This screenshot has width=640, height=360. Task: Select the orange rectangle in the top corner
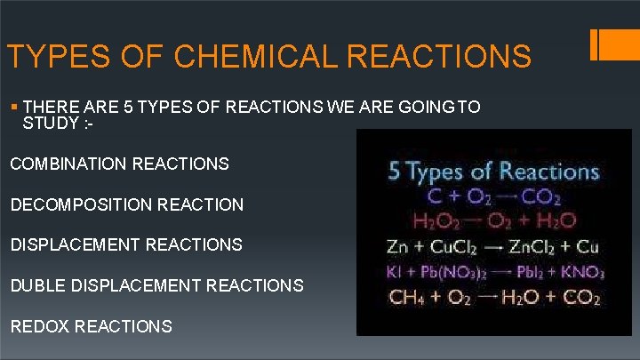pos(617,45)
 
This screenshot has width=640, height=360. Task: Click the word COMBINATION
pos(68,164)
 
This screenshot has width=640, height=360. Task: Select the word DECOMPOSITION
pos(76,204)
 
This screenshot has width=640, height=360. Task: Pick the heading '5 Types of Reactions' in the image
pos(493,171)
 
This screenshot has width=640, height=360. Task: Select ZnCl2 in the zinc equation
pos(527,245)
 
